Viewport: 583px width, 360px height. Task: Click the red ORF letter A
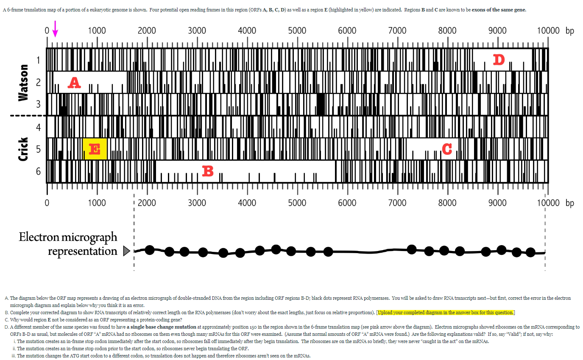coord(74,83)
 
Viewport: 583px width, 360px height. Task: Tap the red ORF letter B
coord(207,171)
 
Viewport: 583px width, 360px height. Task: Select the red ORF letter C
coord(446,149)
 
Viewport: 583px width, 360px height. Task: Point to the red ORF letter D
coord(499,60)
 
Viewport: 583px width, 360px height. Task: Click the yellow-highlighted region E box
coord(95,149)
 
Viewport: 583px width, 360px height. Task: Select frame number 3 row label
coord(38,104)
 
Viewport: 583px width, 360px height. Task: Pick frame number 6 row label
coord(38,171)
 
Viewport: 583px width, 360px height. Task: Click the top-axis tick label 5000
coord(297,31)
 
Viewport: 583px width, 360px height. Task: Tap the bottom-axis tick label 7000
coord(397,203)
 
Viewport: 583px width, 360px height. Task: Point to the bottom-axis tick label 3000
coord(197,203)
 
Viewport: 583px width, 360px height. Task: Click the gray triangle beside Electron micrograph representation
coord(126,251)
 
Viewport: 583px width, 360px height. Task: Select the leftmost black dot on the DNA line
coord(149,250)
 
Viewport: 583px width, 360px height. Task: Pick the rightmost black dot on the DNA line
coord(530,252)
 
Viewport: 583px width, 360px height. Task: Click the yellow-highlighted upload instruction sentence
coord(446,313)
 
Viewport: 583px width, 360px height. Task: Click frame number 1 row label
coord(38,60)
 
